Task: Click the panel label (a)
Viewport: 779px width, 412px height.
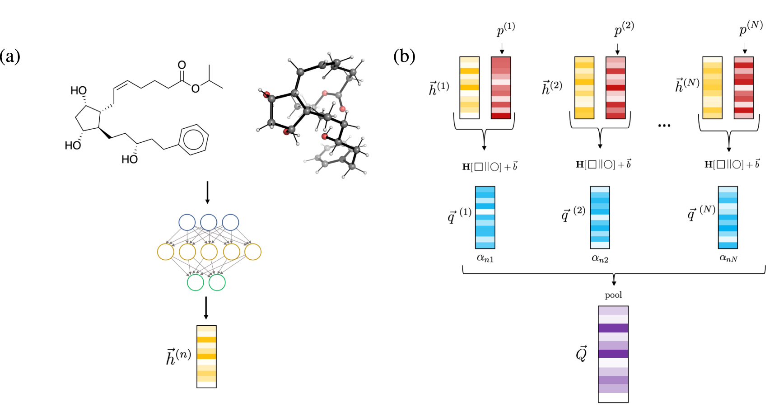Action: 10,56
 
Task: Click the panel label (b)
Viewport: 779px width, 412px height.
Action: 404,56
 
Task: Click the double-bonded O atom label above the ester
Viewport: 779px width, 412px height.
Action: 182,65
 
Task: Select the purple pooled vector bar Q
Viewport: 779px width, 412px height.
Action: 613,354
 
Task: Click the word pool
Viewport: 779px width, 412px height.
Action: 613,295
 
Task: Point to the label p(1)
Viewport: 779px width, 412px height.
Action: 505,29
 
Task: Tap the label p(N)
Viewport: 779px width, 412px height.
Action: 751,28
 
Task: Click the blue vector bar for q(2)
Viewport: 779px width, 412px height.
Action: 600,217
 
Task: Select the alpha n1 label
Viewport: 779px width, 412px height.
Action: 485,258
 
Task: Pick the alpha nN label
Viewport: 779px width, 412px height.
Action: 728,258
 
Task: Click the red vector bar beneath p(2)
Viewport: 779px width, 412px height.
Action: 615,88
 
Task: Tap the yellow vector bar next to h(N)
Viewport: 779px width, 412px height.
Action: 712,88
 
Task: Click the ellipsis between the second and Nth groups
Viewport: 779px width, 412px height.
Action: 664,126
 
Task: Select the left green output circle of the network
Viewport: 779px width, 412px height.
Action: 196,282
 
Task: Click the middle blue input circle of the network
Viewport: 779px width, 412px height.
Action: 209,222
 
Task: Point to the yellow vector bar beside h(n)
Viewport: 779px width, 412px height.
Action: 206,356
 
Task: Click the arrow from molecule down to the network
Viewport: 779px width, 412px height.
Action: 207,192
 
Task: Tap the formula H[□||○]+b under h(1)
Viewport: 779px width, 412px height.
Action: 490,167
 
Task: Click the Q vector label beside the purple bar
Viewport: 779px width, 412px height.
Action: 582,354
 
